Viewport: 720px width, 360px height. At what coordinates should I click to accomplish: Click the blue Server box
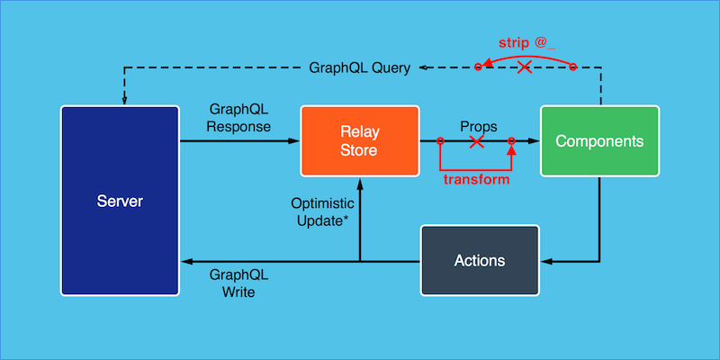120,200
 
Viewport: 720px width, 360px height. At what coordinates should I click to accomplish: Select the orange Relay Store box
359,141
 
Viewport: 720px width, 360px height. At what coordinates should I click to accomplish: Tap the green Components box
599,141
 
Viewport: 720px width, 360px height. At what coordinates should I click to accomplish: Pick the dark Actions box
480,260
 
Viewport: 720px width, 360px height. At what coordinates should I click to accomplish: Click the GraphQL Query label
360,67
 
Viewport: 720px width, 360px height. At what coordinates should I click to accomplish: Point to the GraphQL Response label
238,117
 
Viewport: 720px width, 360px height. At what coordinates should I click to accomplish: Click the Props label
478,126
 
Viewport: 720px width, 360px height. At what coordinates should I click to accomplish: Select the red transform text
476,179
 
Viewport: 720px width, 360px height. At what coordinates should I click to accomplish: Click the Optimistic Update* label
319,211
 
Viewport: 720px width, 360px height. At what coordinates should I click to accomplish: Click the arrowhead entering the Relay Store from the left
293,141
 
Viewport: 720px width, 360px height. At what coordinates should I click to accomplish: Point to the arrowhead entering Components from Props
534,141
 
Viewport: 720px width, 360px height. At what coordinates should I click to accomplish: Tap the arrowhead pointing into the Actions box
545,261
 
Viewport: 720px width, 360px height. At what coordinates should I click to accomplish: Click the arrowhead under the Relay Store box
360,183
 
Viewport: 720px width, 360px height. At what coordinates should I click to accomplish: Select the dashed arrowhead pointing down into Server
124,99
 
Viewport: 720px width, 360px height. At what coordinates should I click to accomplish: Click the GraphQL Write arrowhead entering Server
186,261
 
